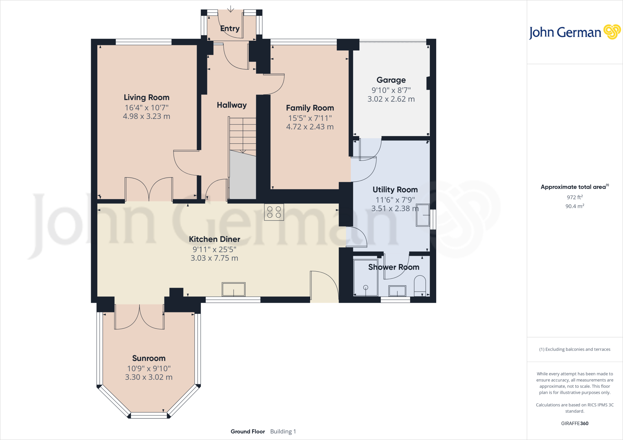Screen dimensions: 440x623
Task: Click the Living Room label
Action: (146, 98)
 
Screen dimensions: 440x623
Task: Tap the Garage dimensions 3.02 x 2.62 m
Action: (391, 99)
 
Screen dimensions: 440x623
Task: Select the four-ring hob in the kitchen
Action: (274, 212)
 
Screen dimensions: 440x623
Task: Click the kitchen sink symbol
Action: (233, 289)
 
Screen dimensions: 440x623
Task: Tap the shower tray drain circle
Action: (366, 287)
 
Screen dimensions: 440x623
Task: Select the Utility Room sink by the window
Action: (423, 215)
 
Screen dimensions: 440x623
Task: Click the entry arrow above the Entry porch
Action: (231, 9)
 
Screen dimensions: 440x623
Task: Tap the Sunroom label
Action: (149, 358)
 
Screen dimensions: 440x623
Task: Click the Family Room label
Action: (310, 108)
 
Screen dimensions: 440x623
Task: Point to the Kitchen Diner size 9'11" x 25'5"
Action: (214, 249)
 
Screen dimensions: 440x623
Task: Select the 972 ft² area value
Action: (574, 197)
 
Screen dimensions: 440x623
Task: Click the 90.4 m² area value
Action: (574, 206)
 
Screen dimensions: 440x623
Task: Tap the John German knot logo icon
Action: (612, 32)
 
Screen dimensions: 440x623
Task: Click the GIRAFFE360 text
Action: (574, 423)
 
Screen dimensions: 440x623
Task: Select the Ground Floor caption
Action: (248, 431)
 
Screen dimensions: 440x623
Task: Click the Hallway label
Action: (231, 105)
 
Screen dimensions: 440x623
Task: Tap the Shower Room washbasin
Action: (397, 291)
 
